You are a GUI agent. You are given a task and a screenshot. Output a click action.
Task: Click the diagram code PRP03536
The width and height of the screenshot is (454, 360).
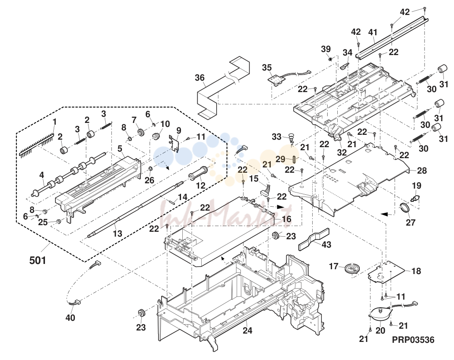(413, 340)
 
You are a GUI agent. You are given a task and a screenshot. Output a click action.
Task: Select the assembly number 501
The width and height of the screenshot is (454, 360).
(37, 260)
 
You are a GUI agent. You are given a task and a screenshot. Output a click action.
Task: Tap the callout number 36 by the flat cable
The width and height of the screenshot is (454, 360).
(200, 78)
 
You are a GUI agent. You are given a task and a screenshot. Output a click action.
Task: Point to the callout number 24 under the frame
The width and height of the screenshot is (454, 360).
(247, 330)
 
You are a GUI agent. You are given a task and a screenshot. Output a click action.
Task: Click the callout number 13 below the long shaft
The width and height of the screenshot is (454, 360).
(117, 234)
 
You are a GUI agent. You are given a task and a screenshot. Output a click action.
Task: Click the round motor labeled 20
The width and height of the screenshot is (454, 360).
(380, 314)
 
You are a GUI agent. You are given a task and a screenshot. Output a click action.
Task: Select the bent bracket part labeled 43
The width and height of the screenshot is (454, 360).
(314, 238)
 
